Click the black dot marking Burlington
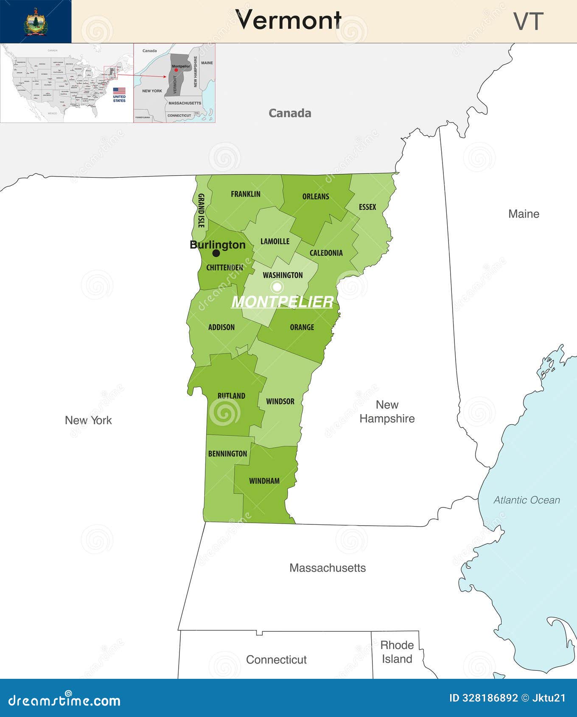pyautogui.click(x=216, y=253)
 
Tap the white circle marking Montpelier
pyautogui.click(x=277, y=287)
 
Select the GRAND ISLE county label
pyautogui.click(x=201, y=210)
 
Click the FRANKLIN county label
pyautogui.click(x=246, y=194)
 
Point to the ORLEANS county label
pyautogui.click(x=316, y=196)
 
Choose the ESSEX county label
pyautogui.click(x=367, y=207)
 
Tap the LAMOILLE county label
pyautogui.click(x=275, y=241)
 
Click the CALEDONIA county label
pyautogui.click(x=326, y=253)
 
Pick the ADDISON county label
pyautogui.click(x=221, y=327)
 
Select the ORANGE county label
pyautogui.click(x=302, y=327)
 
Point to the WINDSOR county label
pyautogui.click(x=280, y=401)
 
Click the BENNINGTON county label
pyautogui.click(x=227, y=454)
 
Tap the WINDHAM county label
pyautogui.click(x=264, y=481)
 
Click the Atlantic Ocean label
pyautogui.click(x=527, y=500)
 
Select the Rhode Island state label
pyautogui.click(x=397, y=652)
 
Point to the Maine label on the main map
pyautogui.click(x=524, y=214)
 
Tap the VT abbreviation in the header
pyautogui.click(x=528, y=21)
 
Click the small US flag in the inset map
pyautogui.click(x=119, y=91)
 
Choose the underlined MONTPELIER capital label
pyautogui.click(x=282, y=302)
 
